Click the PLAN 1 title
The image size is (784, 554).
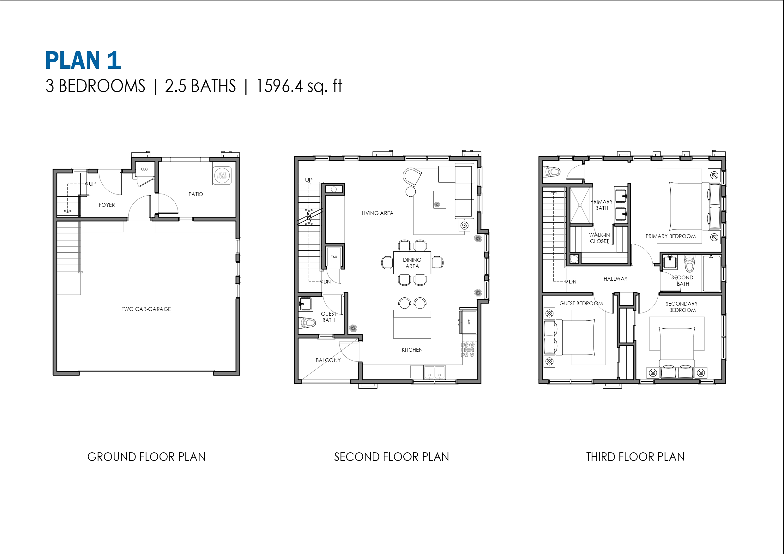83,60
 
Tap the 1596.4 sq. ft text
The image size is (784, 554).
299,86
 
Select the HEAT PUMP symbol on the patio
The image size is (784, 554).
222,176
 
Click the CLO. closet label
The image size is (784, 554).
145,169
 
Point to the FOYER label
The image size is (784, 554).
106,205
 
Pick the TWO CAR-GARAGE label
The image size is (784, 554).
146,309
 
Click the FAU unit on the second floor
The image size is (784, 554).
334,257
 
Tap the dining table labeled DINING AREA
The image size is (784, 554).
412,263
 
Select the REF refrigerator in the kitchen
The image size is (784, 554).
468,322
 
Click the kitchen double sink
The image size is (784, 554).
434,372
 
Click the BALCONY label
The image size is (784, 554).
328,360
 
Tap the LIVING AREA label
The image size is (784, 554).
377,213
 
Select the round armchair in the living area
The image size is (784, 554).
412,176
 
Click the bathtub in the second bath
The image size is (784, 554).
712,273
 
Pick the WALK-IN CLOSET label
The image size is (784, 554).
599,238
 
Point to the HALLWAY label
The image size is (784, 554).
615,278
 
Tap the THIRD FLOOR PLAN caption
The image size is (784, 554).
635,457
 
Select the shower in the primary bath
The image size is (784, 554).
580,205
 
